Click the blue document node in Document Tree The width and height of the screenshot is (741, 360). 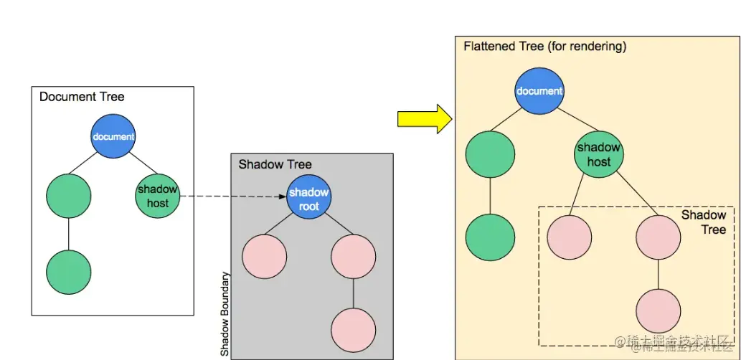click(113, 137)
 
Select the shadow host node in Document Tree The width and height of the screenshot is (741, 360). click(157, 196)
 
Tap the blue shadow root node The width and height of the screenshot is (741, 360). click(308, 199)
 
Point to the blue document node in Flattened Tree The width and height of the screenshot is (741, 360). click(539, 91)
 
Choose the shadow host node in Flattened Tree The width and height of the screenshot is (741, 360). click(598, 155)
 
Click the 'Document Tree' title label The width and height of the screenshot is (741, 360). click(82, 97)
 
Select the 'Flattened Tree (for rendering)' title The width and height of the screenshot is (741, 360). click(545, 47)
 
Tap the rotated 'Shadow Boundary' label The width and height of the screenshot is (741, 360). click(225, 314)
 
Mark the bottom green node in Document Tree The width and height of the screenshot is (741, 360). click(69, 272)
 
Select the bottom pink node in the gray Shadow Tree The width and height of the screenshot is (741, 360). click(354, 330)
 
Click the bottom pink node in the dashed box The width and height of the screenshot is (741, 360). click(658, 311)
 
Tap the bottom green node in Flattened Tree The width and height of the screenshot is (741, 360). click(490, 237)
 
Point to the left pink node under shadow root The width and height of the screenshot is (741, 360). click(265, 256)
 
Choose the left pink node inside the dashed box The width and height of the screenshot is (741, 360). click(570, 237)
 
